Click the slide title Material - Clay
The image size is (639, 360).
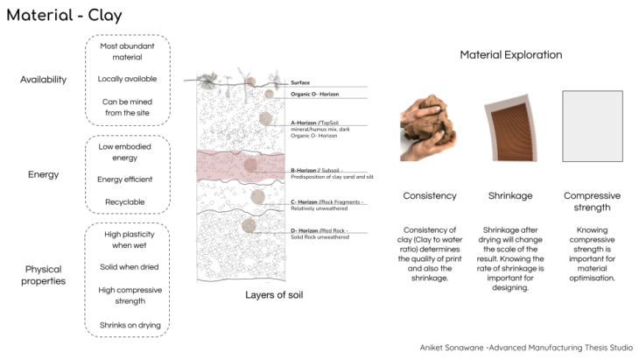pyautogui.click(x=65, y=15)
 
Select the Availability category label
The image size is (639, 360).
pyautogui.click(x=44, y=80)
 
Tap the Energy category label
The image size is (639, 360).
pyautogui.click(x=44, y=174)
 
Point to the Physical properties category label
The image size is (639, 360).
pyautogui.click(x=44, y=275)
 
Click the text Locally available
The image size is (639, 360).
pyautogui.click(x=128, y=79)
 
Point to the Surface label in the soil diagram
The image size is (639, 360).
pyautogui.click(x=300, y=82)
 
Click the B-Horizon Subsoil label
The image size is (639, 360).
pyautogui.click(x=317, y=170)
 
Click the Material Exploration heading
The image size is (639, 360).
pyautogui.click(x=511, y=54)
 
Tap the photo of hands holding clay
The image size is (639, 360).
pyautogui.click(x=425, y=129)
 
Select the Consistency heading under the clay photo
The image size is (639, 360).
pyautogui.click(x=429, y=195)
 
